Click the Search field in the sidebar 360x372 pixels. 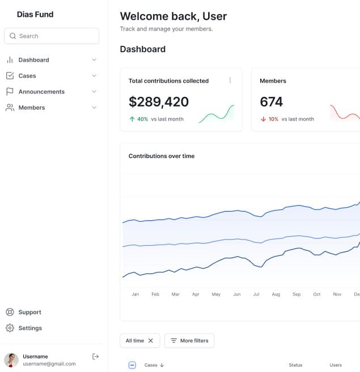51,36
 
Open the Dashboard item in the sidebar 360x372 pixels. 33,60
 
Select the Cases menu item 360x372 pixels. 27,76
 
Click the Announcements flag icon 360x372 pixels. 10,92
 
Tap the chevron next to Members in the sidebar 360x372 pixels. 94,108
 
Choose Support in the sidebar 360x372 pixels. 29,313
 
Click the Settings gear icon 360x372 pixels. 10,328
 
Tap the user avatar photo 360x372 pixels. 11,360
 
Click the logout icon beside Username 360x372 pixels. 95,356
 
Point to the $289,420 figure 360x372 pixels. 159,102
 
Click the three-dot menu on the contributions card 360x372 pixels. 230,80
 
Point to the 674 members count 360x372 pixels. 271,102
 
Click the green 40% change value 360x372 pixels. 142,119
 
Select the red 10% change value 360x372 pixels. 273,119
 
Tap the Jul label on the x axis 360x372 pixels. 256,294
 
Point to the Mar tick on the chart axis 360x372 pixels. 176,294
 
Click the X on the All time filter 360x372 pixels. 151,341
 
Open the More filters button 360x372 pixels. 189,341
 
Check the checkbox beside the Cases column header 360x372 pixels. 133,365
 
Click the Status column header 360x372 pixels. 295,365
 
